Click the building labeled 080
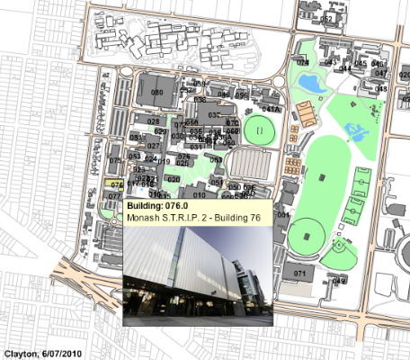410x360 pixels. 156,93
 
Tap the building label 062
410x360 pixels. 327,18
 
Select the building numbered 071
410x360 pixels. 300,271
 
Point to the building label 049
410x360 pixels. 339,281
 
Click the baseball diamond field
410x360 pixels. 340,245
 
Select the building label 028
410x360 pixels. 153,121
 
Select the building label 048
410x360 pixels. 381,89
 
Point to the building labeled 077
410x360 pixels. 114,195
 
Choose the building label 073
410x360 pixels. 114,160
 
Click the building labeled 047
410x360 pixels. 381,74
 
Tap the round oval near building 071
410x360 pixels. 306,236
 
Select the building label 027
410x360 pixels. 153,146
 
